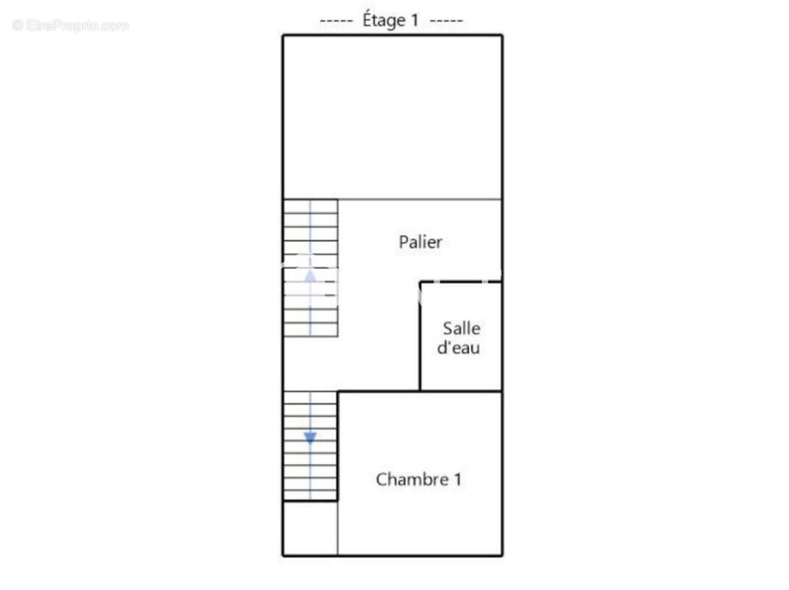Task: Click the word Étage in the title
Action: [x=384, y=21]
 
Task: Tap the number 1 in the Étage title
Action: [x=414, y=20]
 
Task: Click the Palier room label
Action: [x=420, y=242]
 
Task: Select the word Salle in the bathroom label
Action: [x=462, y=328]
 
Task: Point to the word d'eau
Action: [x=459, y=347]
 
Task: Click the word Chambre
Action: [x=412, y=479]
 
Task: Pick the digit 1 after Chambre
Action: [x=457, y=479]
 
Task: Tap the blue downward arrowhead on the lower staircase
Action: [x=310, y=437]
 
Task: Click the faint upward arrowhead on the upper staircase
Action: [x=310, y=275]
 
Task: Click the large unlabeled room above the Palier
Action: [x=392, y=117]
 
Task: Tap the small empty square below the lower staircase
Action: [x=310, y=528]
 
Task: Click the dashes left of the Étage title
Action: [x=336, y=21]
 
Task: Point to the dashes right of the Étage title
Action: [x=446, y=21]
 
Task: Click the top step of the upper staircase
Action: [x=310, y=206]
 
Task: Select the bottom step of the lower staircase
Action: [x=310, y=494]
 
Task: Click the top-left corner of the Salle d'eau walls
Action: [x=420, y=282]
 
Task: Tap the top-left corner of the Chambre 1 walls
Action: [x=338, y=392]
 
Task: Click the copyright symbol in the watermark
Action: [x=18, y=24]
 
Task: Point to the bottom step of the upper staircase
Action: [x=310, y=330]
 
